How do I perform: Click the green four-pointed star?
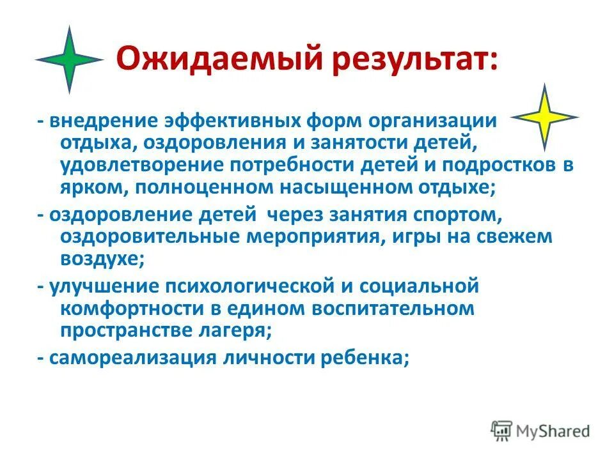pyautogui.click(x=69, y=59)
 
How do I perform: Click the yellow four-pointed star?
pyautogui.click(x=544, y=118)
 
